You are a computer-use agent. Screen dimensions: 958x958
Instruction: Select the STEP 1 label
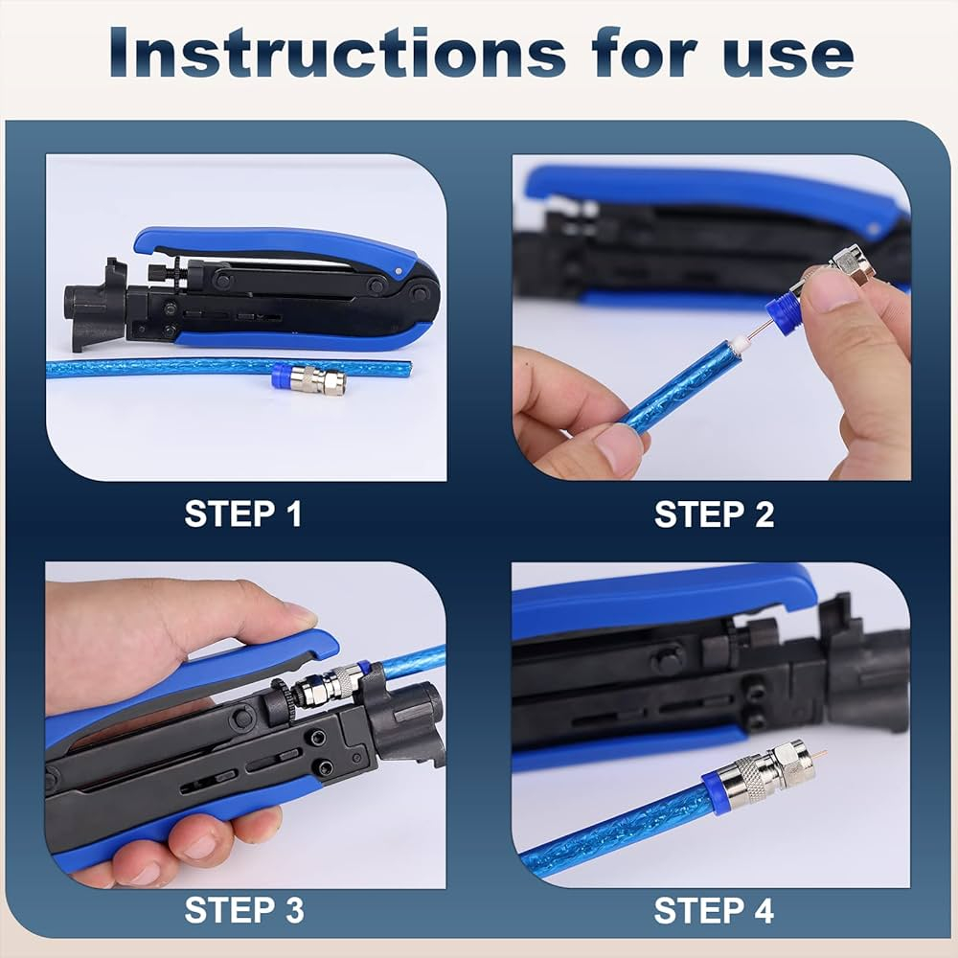[243, 513]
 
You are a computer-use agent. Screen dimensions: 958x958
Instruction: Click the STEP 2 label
[714, 514]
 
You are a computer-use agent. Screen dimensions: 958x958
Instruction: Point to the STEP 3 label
[243, 910]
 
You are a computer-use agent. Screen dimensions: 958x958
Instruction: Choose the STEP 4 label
[714, 910]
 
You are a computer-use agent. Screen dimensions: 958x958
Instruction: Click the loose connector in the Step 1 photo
[308, 378]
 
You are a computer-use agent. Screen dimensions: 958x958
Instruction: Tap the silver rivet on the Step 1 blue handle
[399, 271]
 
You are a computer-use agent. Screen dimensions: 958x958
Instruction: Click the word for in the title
[645, 53]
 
